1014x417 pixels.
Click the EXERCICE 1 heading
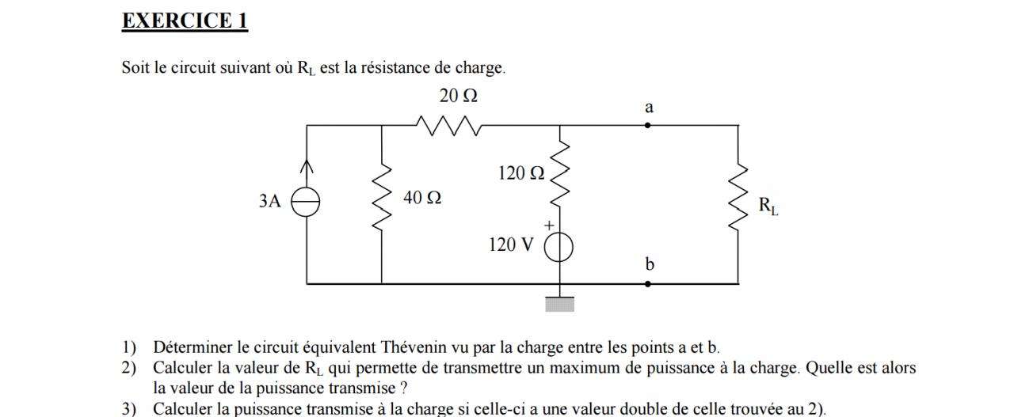[x=185, y=21]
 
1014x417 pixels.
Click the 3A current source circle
[x=307, y=203]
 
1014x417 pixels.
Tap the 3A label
[x=270, y=202]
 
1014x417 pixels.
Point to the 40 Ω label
[x=422, y=198]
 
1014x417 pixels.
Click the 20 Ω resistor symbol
[x=448, y=125]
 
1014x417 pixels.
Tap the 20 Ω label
[x=459, y=97]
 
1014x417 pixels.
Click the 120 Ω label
[x=521, y=173]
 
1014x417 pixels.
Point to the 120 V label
[x=511, y=245]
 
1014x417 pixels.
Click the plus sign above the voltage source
[x=547, y=227]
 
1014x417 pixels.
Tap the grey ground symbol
[x=559, y=305]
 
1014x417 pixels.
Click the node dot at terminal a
[x=648, y=125]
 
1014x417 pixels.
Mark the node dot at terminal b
[x=648, y=282]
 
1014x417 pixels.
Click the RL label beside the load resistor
[x=768, y=207]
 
